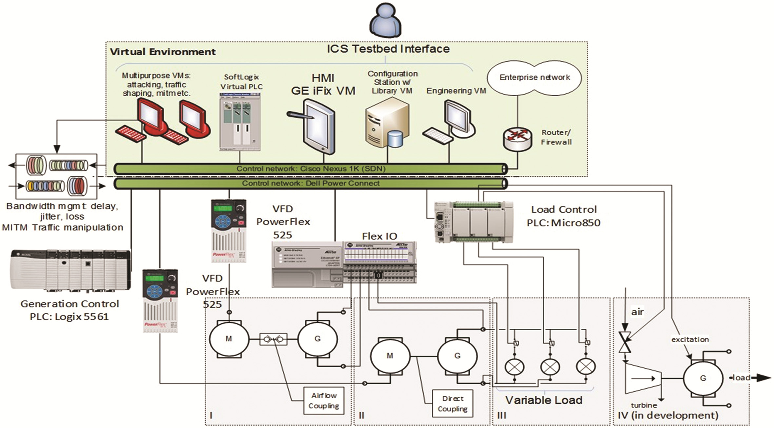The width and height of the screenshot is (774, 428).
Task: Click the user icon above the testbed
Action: (386, 20)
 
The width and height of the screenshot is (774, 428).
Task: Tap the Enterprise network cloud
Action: (534, 78)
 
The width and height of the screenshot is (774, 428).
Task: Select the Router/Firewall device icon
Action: (518, 139)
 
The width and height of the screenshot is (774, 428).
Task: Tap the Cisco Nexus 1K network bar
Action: (310, 169)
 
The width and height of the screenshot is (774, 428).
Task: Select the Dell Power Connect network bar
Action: (310, 184)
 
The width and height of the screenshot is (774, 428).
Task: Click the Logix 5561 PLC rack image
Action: (70, 270)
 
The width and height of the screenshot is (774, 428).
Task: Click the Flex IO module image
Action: (344, 264)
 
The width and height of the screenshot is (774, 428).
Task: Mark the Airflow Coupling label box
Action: (324, 400)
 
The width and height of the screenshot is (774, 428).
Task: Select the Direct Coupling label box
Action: (453, 403)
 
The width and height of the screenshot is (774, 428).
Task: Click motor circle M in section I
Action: (229, 339)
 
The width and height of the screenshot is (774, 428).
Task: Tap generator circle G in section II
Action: (457, 356)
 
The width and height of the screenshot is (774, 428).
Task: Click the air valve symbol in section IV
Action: (625, 342)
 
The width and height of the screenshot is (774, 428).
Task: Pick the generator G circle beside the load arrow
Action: (703, 378)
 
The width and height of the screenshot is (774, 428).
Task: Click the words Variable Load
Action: (544, 400)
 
